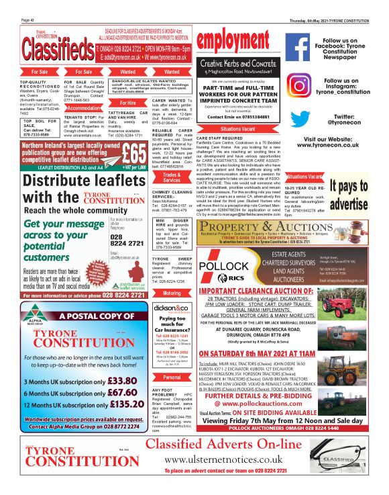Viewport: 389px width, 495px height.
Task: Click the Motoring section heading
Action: click(x=172, y=293)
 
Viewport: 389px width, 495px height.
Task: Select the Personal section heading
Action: click(x=172, y=377)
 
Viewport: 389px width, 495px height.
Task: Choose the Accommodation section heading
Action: click(x=84, y=107)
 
